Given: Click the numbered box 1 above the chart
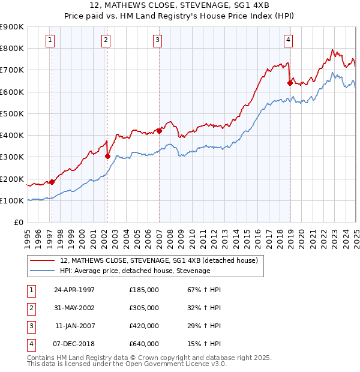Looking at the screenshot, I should pyautogui.click(x=49, y=40).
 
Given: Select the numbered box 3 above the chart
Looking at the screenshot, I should pyautogui.click(x=157, y=40).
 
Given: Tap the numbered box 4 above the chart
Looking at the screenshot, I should pyautogui.click(x=289, y=40).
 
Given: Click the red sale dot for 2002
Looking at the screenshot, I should pyautogui.click(x=107, y=156).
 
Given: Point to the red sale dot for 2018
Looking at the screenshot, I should pyautogui.click(x=289, y=83).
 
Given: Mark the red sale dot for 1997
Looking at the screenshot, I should pyautogui.click(x=52, y=182).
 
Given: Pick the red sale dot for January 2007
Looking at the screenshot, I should pyautogui.click(x=159, y=131).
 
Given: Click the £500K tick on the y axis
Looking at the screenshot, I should pyautogui.click(x=12, y=113).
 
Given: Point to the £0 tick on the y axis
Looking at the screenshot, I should pyautogui.click(x=19, y=223).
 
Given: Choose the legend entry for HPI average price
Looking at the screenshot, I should pyautogui.click(x=135, y=271).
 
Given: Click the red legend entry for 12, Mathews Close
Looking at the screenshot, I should pyautogui.click(x=158, y=260).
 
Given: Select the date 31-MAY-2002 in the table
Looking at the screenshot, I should pyautogui.click(x=74, y=308).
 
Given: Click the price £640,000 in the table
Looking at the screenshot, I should pyautogui.click(x=144, y=344).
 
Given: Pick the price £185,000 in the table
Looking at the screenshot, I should pyautogui.click(x=144, y=290).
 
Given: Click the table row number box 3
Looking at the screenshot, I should pyautogui.click(x=30, y=326).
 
